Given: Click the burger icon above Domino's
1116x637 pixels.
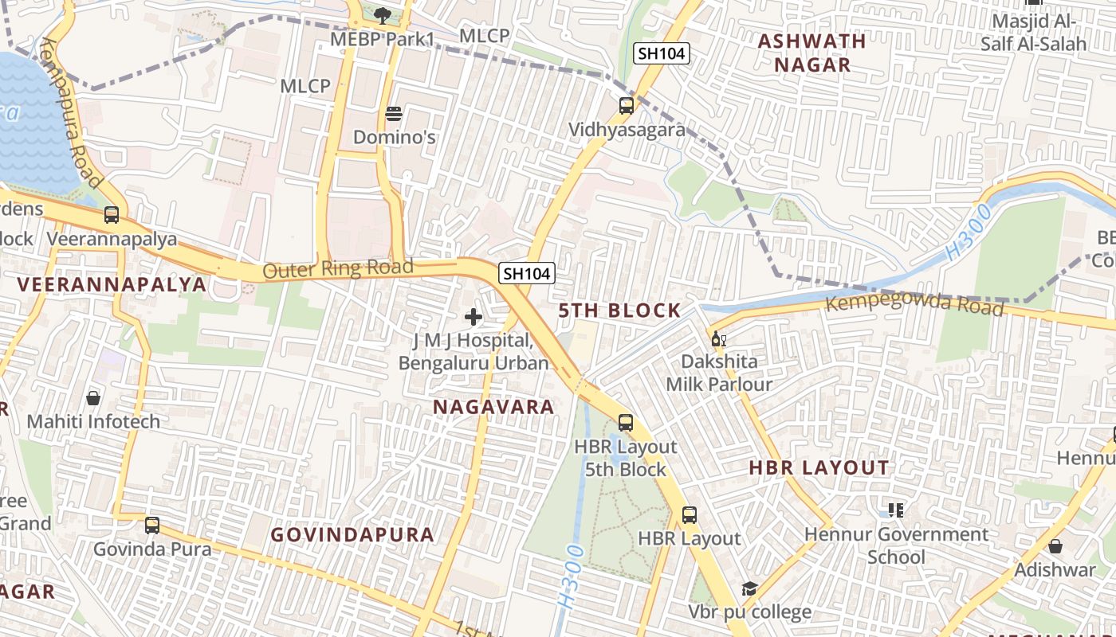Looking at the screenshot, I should pyautogui.click(x=393, y=114).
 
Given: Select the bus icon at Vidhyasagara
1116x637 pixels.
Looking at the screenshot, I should pyautogui.click(x=627, y=105).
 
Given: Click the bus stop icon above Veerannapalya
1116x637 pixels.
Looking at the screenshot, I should pyautogui.click(x=112, y=215).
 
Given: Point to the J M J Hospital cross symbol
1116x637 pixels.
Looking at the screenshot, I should pyautogui.click(x=474, y=317).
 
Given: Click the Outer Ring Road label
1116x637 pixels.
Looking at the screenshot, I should pyautogui.click(x=338, y=269).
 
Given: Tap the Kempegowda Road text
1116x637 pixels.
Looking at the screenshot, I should pyautogui.click(x=914, y=303).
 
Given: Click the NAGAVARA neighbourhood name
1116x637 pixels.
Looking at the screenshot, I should pyautogui.click(x=493, y=407).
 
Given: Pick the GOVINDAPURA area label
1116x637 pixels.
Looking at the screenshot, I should pyautogui.click(x=352, y=534).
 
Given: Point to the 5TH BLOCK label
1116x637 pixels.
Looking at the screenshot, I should pyautogui.click(x=619, y=311).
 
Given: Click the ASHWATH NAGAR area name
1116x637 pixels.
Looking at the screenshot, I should pyautogui.click(x=811, y=53).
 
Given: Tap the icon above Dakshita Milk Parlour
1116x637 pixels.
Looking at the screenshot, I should pyautogui.click(x=718, y=338).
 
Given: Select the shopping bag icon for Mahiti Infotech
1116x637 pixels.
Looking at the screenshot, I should pyautogui.click(x=93, y=397).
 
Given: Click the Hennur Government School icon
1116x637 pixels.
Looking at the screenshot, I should pyautogui.click(x=895, y=510).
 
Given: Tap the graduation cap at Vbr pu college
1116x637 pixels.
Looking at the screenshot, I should pyautogui.click(x=749, y=588).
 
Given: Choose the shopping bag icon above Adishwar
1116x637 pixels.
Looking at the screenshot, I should pyautogui.click(x=1055, y=546).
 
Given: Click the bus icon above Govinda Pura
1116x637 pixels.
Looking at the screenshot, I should pyautogui.click(x=152, y=526).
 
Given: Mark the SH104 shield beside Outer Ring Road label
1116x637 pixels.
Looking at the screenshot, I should pyautogui.click(x=526, y=273).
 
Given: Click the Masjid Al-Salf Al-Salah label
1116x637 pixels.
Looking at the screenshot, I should pyautogui.click(x=1033, y=33).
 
